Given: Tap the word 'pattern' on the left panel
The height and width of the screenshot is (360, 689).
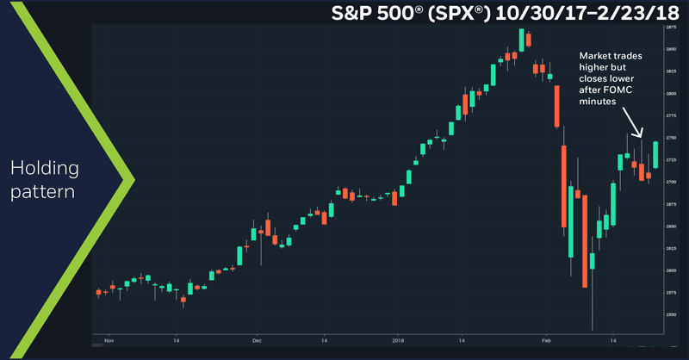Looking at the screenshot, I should tap(44, 189).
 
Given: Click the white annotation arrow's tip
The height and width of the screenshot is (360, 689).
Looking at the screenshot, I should tap(640, 136).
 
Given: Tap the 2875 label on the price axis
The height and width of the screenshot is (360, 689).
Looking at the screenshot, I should tap(670, 28).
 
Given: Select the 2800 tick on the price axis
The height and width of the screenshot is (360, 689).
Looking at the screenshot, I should tap(670, 93).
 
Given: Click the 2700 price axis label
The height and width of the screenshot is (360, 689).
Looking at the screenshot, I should tap(670, 182).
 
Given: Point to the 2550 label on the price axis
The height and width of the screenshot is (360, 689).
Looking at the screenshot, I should tap(670, 314).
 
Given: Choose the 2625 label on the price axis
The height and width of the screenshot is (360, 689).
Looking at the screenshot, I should tap(670, 248).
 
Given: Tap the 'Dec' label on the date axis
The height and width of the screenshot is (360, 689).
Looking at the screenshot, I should tap(257, 341).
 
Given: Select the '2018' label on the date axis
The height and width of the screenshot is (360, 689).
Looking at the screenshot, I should tap(398, 341).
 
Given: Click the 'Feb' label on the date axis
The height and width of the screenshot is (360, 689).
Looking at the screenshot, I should tap(545, 341).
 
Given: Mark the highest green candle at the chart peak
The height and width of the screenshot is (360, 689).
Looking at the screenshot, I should tap(521, 38).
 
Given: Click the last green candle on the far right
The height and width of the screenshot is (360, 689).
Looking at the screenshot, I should tap(655, 154).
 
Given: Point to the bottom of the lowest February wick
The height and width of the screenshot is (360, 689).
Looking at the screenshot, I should tap(593, 329).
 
